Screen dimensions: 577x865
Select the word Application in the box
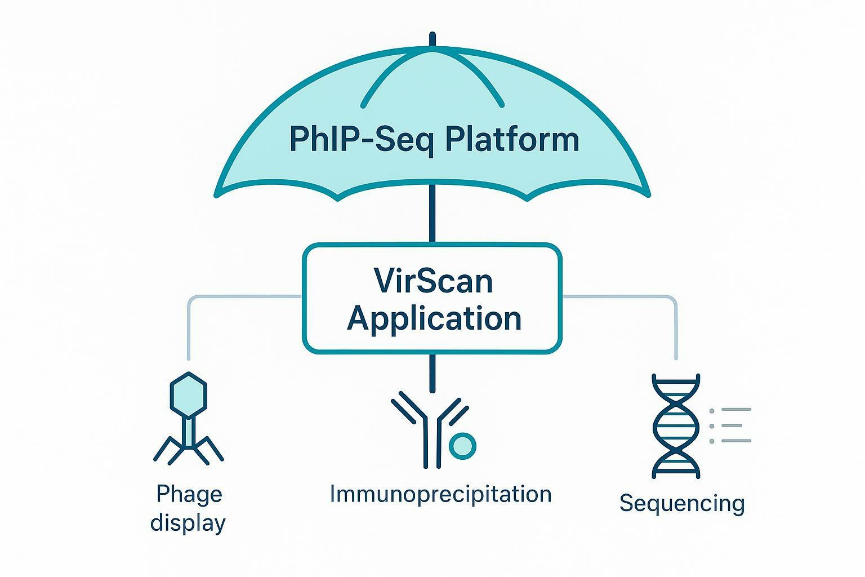click(434, 318)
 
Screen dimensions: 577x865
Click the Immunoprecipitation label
click(440, 494)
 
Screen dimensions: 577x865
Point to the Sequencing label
click(682, 503)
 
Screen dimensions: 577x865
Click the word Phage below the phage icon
click(189, 494)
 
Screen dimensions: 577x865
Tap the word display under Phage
click(188, 523)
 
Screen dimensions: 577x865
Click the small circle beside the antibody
click(462, 446)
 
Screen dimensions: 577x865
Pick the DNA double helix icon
click(676, 425)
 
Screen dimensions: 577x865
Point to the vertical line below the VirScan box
click(432, 372)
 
